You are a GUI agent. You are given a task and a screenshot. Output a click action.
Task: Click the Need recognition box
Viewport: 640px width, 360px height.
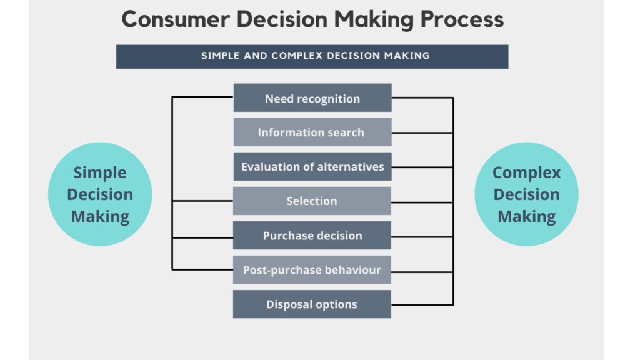pos(312,98)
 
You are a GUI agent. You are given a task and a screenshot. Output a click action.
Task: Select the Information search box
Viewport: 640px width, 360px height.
pos(312,132)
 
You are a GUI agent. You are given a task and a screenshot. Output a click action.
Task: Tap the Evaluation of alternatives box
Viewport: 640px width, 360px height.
pos(312,167)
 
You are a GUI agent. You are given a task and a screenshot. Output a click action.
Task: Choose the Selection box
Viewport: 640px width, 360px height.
pos(312,201)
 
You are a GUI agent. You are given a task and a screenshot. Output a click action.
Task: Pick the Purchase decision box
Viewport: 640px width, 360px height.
pos(312,236)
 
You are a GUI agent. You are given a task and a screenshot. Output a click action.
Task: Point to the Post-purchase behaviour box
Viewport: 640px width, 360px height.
pos(312,270)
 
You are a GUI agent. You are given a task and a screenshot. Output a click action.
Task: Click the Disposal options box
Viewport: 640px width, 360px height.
pos(312,304)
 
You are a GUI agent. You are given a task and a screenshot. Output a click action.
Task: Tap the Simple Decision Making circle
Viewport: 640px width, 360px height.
pos(100,194)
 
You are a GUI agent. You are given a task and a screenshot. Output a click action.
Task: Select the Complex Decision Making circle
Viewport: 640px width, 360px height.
pos(526,194)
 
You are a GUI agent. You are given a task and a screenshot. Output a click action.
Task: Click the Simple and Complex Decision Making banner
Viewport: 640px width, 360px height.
pos(312,56)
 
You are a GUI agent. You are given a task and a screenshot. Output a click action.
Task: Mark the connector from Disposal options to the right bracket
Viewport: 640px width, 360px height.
pos(422,305)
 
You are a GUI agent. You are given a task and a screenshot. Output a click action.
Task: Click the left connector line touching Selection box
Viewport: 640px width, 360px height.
pos(202,201)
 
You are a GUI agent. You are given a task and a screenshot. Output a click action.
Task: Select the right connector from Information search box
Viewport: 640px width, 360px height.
pos(422,133)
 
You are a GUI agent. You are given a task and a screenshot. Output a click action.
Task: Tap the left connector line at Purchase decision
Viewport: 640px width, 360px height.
pos(202,237)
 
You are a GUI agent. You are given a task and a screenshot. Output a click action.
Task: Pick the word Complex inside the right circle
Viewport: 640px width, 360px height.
pos(526,172)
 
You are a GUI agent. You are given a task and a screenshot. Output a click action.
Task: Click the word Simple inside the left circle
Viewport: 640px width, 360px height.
pos(100,172)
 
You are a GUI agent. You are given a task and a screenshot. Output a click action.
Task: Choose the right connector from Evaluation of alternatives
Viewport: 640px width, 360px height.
pos(422,167)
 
